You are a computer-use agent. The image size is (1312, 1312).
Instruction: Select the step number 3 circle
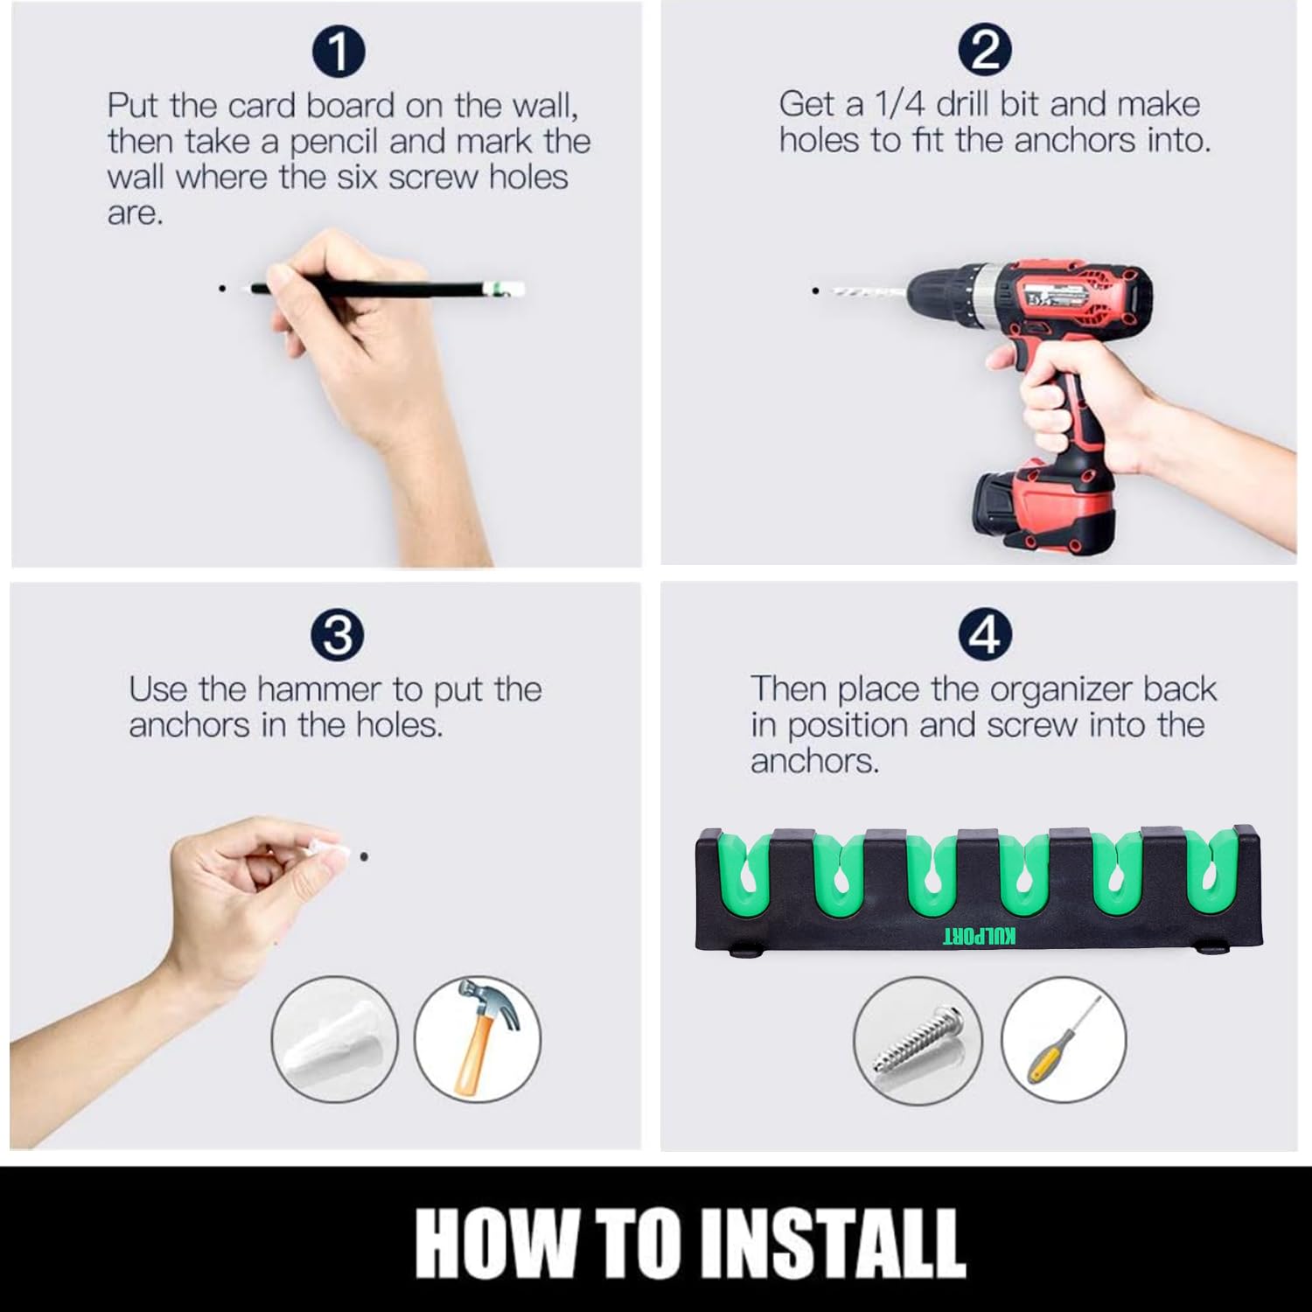click(338, 635)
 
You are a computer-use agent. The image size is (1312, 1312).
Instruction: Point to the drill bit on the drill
click(866, 291)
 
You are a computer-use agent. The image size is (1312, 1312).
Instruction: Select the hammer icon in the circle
click(478, 1038)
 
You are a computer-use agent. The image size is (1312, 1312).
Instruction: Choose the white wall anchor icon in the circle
click(334, 1038)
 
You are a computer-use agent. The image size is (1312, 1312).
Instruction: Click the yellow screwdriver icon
click(1063, 1040)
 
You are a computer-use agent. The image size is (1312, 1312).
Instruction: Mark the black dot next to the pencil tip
click(223, 287)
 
